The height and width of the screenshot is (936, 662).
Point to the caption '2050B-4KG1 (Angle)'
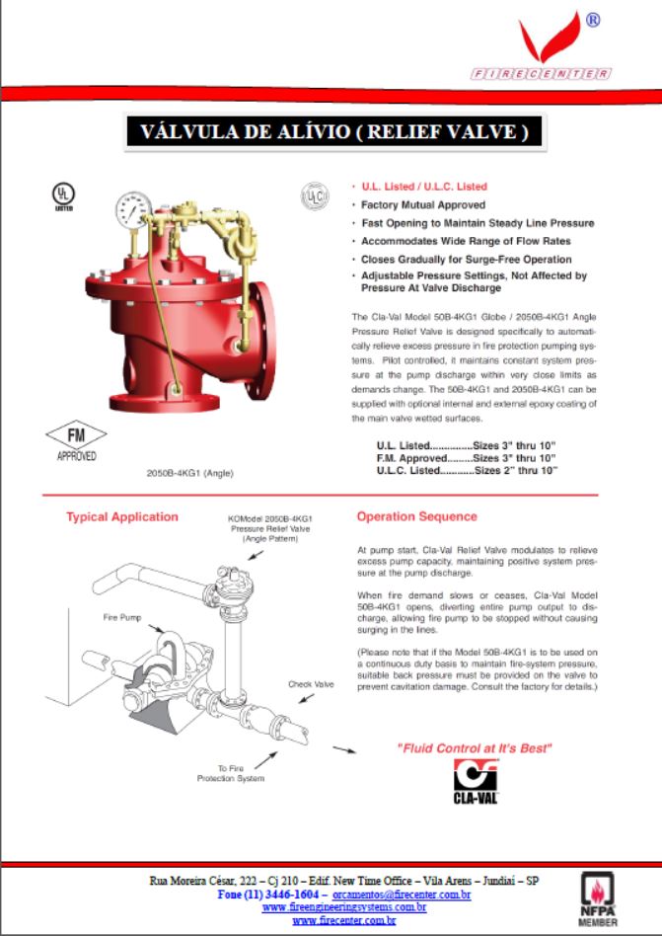point(188,473)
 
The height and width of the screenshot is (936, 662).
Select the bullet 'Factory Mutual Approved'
point(422,204)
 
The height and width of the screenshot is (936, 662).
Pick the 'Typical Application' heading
point(121,516)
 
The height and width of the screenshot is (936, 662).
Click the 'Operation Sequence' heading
point(416,516)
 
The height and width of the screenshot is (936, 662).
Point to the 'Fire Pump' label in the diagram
point(123,617)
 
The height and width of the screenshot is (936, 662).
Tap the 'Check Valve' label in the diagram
point(310,683)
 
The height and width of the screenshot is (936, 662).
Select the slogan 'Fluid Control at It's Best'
point(474,747)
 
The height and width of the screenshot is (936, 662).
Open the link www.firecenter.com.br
point(344,920)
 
